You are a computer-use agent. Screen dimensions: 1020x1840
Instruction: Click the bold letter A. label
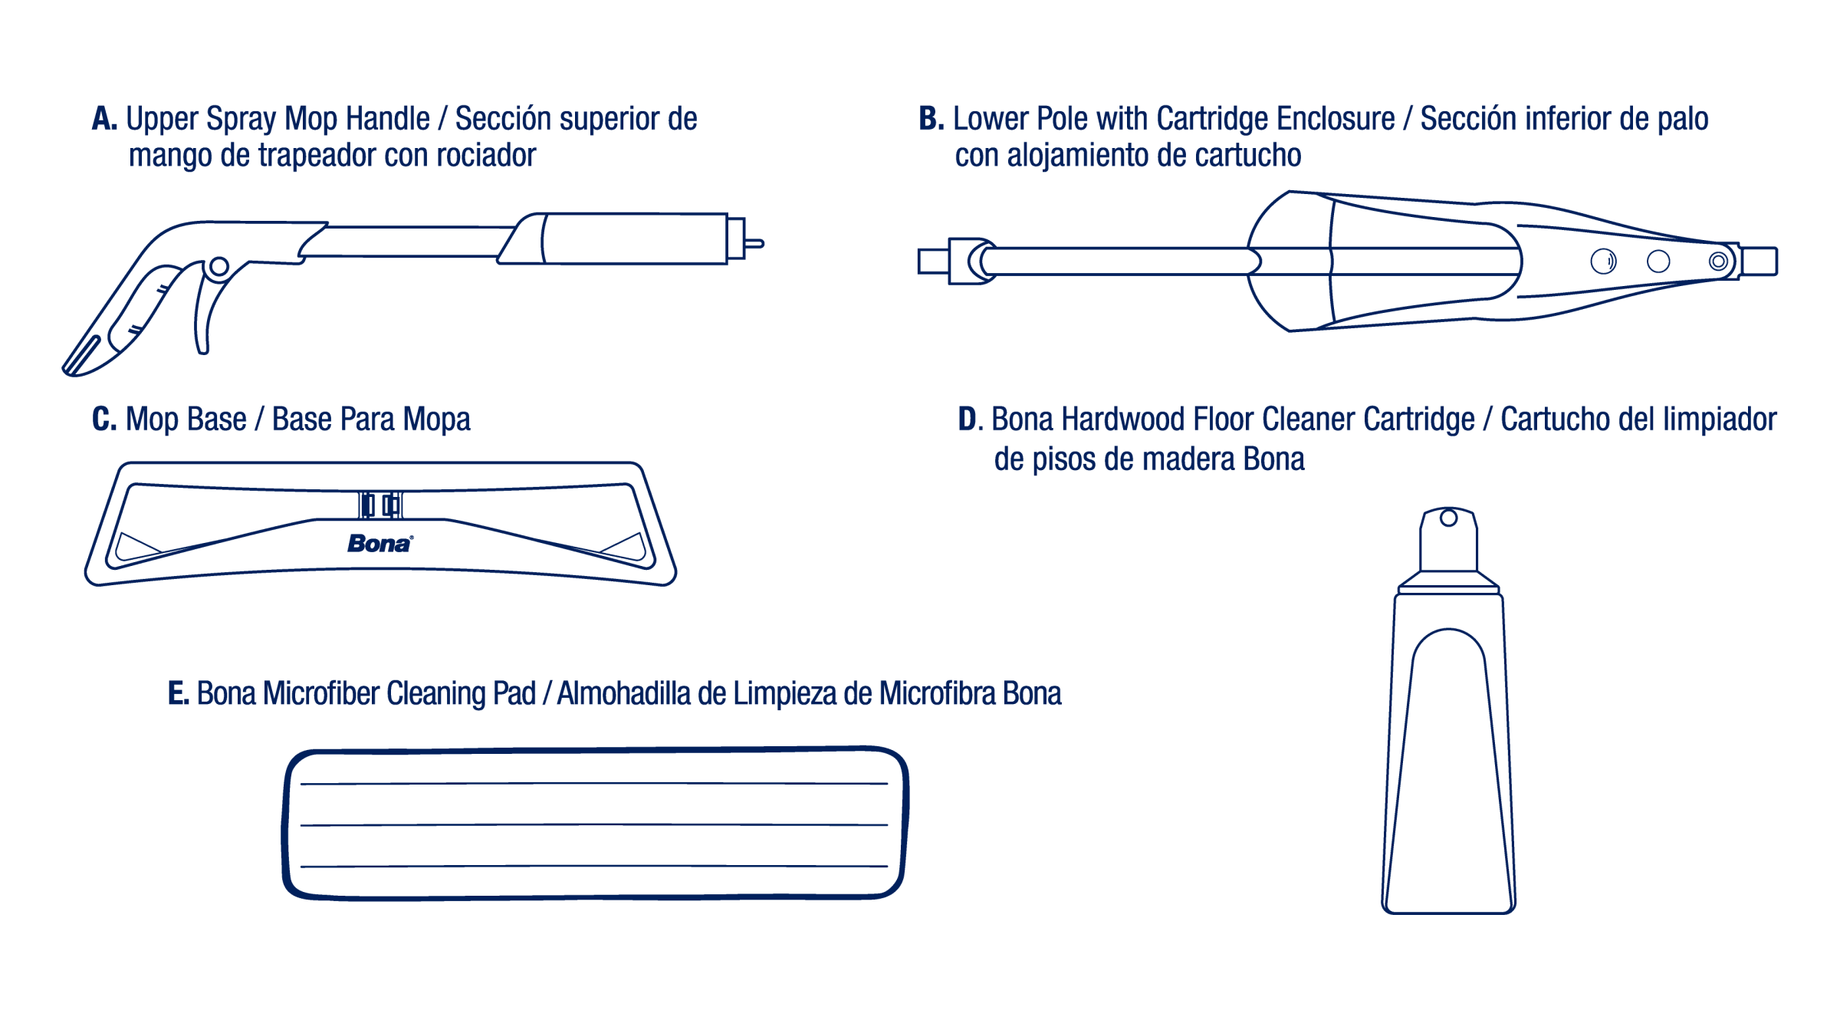tap(104, 120)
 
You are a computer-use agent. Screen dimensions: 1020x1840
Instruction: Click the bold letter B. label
tap(931, 120)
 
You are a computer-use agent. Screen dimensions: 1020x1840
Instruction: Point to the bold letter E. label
tap(178, 694)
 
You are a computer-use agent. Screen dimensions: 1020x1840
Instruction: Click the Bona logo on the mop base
tap(380, 544)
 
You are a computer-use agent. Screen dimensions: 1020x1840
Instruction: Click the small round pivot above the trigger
tap(219, 266)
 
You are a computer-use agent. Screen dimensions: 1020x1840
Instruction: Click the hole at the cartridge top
tap(1448, 518)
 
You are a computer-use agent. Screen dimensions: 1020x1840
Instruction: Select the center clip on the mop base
tap(380, 505)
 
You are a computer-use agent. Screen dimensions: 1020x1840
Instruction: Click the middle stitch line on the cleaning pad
tap(594, 825)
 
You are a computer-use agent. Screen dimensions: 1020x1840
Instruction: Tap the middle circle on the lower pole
tap(1658, 262)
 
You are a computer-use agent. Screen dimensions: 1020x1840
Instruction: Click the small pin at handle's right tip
tap(754, 244)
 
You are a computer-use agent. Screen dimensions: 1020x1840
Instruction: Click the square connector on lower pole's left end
tap(933, 262)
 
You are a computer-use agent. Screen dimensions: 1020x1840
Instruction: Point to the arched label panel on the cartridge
tap(1449, 767)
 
